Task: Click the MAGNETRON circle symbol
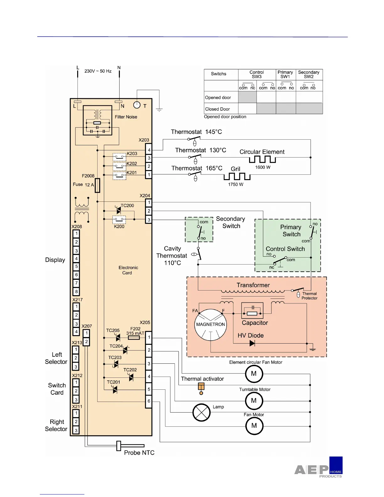(211, 325)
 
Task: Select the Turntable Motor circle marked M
(254, 401)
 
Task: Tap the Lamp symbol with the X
(201, 412)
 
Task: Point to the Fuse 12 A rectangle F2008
(97, 185)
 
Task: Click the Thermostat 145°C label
(196, 132)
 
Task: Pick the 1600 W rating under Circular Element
(263, 167)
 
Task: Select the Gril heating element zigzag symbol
(237, 177)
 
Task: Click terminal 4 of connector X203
(149, 150)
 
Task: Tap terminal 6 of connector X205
(149, 401)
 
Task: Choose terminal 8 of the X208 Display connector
(76, 291)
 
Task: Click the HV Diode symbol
(252, 343)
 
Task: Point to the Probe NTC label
(139, 452)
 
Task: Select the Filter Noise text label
(126, 117)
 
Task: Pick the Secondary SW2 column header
(309, 74)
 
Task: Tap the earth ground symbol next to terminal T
(159, 110)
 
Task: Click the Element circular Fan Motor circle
(254, 374)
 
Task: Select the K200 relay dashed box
(119, 219)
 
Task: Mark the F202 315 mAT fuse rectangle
(134, 338)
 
